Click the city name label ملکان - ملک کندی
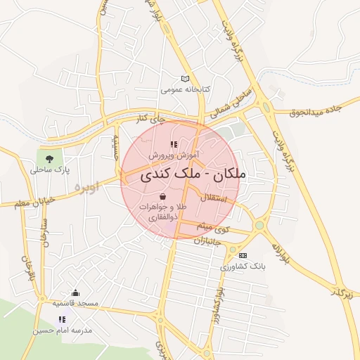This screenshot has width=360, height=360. (x=193, y=174)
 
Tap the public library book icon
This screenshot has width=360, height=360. (x=185, y=79)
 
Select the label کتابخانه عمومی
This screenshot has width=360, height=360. (x=185, y=90)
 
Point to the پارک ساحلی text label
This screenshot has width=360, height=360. (x=51, y=169)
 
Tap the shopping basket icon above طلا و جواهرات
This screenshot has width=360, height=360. (x=163, y=196)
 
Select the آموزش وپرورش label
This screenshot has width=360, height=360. (x=174, y=154)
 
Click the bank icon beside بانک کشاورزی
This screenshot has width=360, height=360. (x=243, y=255)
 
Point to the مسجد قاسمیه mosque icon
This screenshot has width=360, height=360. (x=76, y=292)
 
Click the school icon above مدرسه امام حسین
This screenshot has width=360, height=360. (x=62, y=319)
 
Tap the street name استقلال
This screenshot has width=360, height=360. (x=214, y=199)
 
